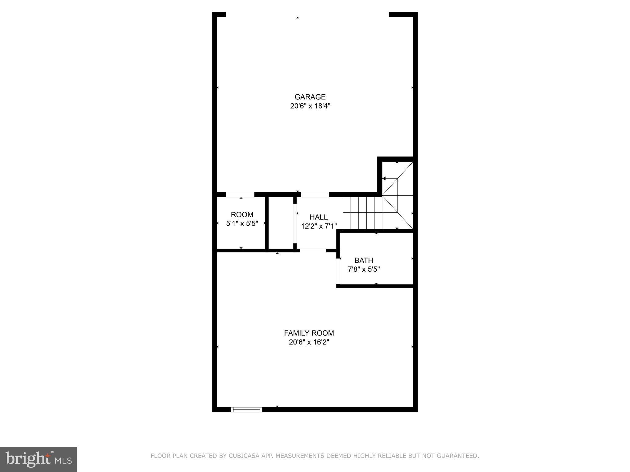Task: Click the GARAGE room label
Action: coord(310,97)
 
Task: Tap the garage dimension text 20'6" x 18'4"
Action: coord(310,106)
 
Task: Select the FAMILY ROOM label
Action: coord(309,333)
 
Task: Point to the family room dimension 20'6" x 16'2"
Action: coord(309,342)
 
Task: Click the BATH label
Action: coord(364,261)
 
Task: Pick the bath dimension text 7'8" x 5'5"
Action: coord(364,269)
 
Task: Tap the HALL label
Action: coord(318,217)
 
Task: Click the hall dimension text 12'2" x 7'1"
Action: coord(319,226)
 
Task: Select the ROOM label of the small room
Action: coord(242,214)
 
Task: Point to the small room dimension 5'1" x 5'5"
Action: coord(242,223)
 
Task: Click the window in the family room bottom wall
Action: coord(246,409)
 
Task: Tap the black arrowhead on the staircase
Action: coord(384,179)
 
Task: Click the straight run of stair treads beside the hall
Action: coord(362,213)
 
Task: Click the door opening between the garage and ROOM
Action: coord(240,195)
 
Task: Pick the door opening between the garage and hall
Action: coord(315,195)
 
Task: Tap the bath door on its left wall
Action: coord(338,271)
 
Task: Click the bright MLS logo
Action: coord(38,459)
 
